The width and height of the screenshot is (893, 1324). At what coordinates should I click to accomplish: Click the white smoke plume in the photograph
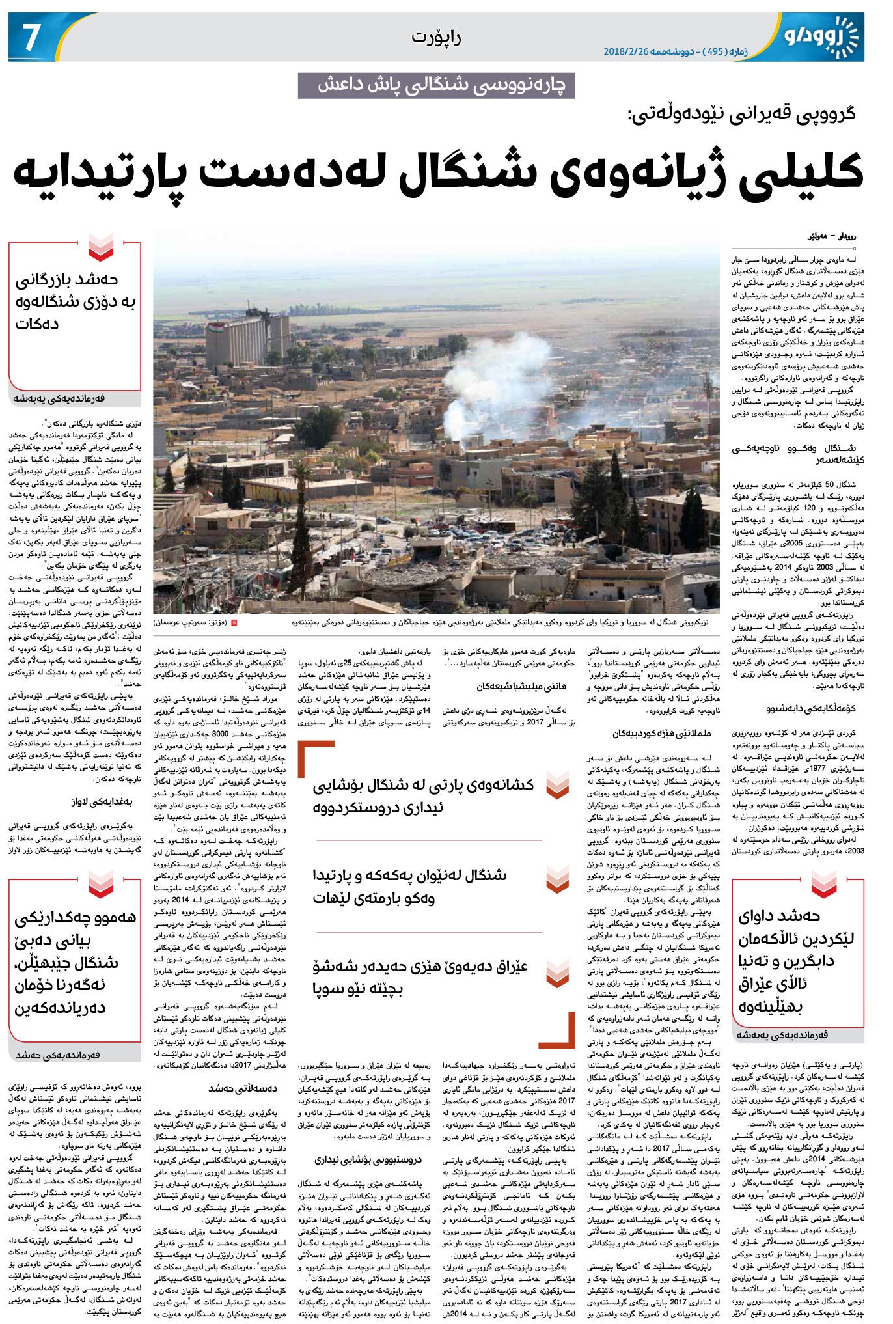point(495,384)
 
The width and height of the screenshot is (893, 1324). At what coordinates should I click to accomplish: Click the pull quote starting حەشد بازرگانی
point(75,303)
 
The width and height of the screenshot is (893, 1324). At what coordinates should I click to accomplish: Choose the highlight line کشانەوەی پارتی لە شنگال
point(423,795)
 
